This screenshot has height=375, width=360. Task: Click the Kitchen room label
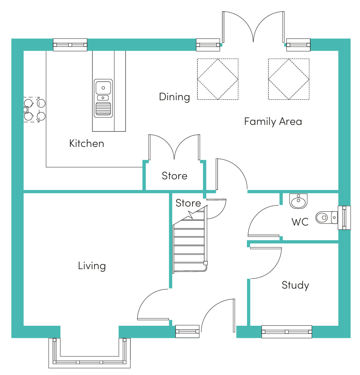(x=86, y=143)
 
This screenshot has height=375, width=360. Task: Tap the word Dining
(x=174, y=97)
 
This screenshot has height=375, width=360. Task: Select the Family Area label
(x=273, y=121)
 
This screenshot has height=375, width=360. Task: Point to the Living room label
(x=92, y=266)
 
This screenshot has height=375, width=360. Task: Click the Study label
(x=295, y=285)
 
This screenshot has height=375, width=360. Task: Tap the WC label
(x=300, y=222)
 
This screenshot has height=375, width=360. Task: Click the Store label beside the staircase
(x=188, y=203)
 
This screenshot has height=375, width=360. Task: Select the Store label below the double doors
(x=174, y=176)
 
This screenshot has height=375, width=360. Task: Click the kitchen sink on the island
(x=103, y=99)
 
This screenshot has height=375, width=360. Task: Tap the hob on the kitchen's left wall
(x=35, y=110)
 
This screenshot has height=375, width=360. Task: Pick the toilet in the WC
(x=327, y=218)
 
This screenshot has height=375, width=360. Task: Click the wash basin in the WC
(x=298, y=201)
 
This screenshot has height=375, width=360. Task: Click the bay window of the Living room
(x=90, y=353)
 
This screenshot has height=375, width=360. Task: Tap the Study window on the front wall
(x=287, y=332)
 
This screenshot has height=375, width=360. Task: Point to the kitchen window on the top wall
(x=70, y=45)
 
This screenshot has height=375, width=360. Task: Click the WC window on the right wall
(x=344, y=218)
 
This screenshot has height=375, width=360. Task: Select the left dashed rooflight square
(x=218, y=79)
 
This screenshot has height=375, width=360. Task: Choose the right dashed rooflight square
(x=289, y=79)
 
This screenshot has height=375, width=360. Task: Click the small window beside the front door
(x=187, y=331)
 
